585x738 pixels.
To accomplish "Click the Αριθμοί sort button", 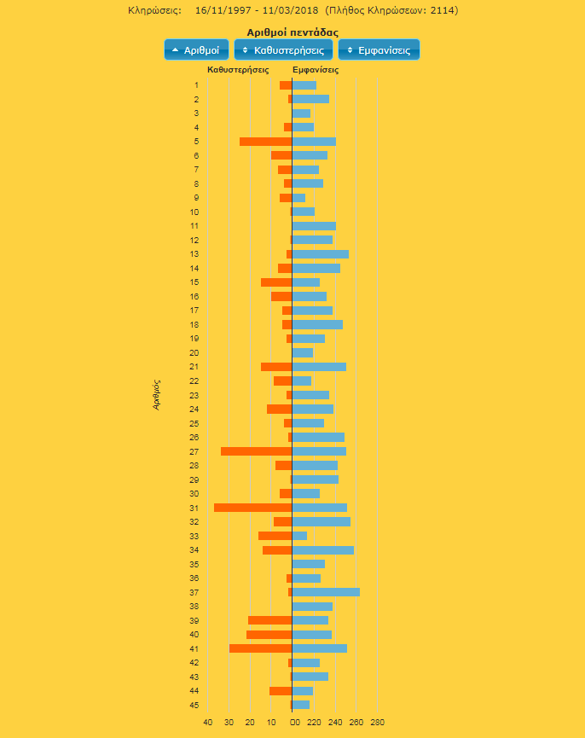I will [x=195, y=50].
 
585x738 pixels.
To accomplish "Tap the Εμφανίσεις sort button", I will [x=378, y=50].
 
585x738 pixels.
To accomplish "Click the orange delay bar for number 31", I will [x=252, y=508].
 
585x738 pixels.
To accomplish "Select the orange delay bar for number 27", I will [x=256, y=451].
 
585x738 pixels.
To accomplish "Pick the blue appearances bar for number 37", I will [x=326, y=592].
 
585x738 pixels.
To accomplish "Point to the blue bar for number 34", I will [x=322, y=550].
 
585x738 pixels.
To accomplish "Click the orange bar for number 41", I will [x=260, y=648].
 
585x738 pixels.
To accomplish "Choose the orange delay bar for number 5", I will [x=265, y=142].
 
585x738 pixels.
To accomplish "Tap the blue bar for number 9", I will [x=298, y=198].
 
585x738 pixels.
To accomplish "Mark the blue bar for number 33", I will [x=299, y=536].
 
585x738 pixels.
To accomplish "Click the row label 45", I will [x=194, y=705].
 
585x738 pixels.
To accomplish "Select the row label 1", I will [x=196, y=85].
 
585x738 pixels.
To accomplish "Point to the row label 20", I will [x=194, y=352].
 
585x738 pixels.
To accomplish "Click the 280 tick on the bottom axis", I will [x=377, y=723].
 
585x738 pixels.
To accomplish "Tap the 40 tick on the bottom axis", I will [x=207, y=723].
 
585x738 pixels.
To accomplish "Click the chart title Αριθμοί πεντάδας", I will [x=292, y=32].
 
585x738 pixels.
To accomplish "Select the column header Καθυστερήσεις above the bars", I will [x=238, y=70].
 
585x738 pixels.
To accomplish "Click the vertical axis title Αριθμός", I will [x=157, y=395].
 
